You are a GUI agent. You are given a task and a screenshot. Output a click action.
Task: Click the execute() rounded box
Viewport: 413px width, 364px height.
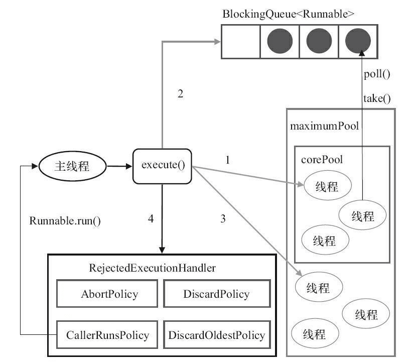click(162, 166)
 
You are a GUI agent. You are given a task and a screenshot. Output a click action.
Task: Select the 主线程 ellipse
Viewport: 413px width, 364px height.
click(72, 166)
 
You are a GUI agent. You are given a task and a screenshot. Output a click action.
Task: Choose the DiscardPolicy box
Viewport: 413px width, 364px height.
click(216, 294)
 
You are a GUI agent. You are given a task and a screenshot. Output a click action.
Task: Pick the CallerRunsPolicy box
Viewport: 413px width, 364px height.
click(107, 335)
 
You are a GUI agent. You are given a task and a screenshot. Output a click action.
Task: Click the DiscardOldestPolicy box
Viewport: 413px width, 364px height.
click(216, 335)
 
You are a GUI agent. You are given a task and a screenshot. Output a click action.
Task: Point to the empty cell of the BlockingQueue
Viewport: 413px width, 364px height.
click(240, 42)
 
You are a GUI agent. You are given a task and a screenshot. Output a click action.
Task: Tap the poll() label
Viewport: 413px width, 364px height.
click(376, 74)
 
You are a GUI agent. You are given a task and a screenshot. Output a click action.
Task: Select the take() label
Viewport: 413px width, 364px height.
click(377, 98)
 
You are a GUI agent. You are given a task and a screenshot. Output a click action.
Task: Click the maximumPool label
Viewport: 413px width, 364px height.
click(324, 126)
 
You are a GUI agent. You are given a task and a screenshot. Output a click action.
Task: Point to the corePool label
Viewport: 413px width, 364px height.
click(322, 160)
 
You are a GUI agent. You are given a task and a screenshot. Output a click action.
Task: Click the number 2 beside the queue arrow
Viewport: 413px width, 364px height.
click(181, 93)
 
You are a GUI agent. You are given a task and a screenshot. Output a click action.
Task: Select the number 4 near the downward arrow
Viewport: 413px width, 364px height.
click(151, 218)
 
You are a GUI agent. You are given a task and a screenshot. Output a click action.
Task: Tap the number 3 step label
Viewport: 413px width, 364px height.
click(223, 218)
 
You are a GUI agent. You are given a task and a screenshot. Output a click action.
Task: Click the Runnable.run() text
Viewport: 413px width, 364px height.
click(65, 220)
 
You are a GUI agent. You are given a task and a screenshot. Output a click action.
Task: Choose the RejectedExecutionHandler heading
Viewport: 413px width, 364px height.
click(152, 268)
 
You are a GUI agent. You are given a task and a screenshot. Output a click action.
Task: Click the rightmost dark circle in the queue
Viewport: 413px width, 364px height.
click(358, 41)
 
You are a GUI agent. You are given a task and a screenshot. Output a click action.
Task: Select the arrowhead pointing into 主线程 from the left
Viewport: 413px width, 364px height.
click(36, 166)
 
